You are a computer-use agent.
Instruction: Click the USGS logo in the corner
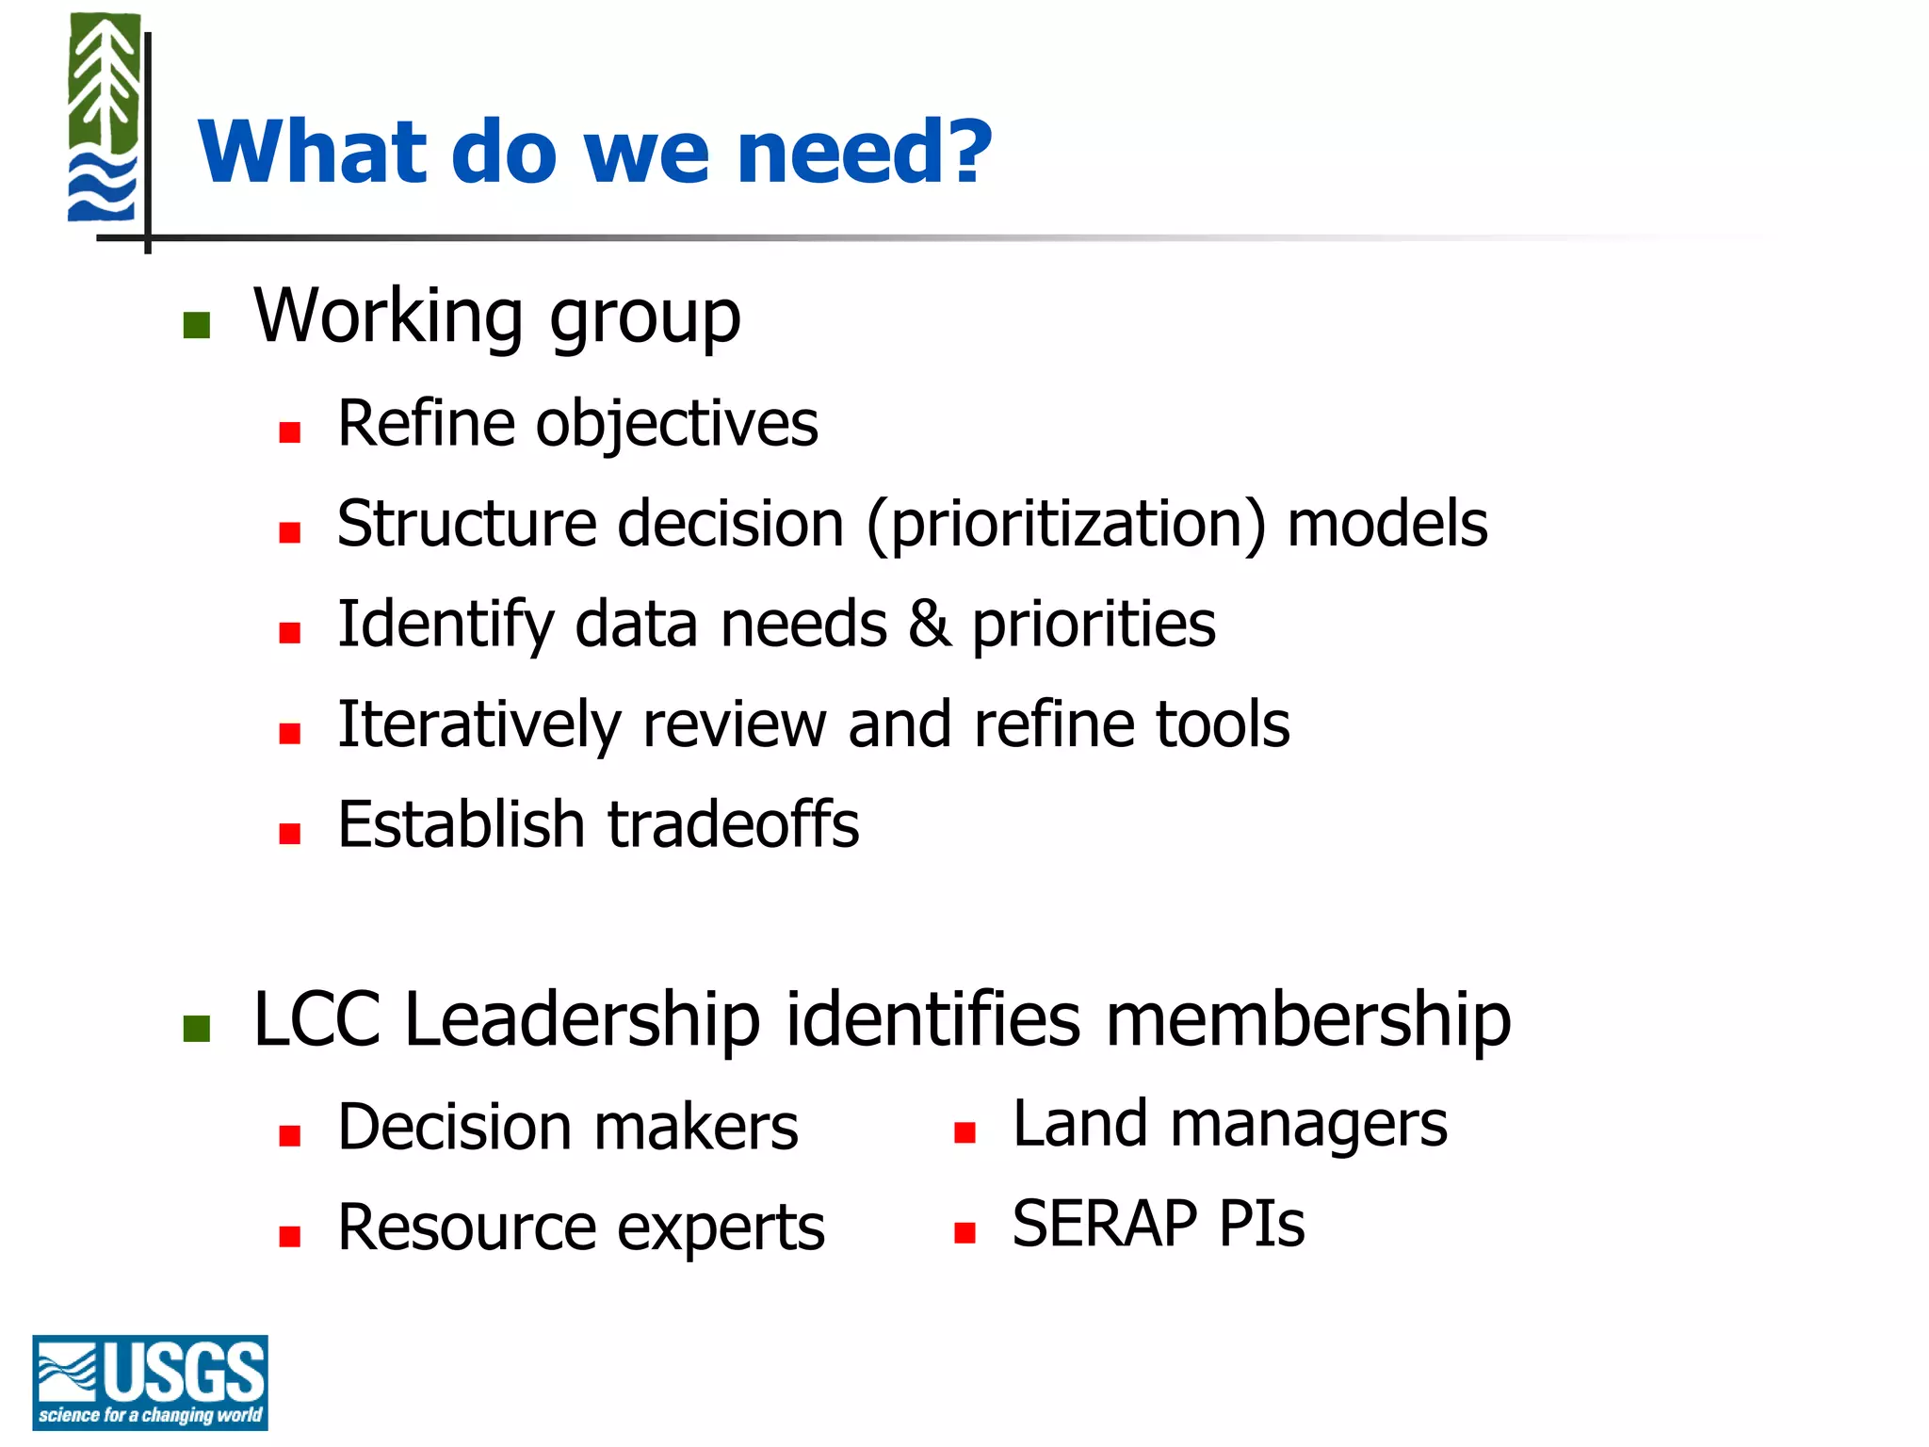pos(150,1381)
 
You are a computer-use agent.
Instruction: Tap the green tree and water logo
pos(104,118)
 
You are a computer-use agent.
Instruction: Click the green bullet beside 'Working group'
pos(196,325)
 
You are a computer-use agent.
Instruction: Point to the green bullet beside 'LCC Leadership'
pos(196,1029)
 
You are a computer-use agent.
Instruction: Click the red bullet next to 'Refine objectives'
pos(289,432)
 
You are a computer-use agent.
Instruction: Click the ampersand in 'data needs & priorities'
pos(929,624)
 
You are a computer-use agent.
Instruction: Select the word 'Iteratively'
pos(479,724)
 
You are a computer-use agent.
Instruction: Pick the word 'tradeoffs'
pos(733,824)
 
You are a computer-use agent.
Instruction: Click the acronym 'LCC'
pos(317,1019)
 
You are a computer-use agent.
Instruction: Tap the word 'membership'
pos(1307,1019)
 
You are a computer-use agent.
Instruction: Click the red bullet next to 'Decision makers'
pos(289,1136)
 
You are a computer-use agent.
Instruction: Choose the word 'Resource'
pos(468,1228)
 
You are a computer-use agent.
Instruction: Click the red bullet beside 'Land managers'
pos(964,1132)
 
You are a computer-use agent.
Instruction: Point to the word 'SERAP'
pos(1105,1224)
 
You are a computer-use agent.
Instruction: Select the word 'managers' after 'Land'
pos(1308,1126)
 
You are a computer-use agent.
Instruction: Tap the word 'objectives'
pos(676,424)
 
